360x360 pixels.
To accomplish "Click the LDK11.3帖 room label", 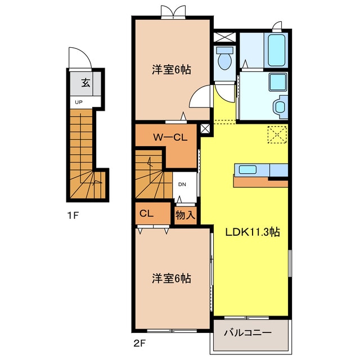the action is point(253,232).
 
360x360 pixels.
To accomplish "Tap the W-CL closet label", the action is point(170,137).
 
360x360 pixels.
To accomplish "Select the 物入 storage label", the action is point(185,215).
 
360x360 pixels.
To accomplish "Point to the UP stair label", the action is point(79,102).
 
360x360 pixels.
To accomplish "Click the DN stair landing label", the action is point(182,184).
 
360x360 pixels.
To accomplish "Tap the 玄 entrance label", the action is point(85,83).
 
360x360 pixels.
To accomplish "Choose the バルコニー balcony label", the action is point(247,332).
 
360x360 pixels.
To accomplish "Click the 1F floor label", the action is point(73,215).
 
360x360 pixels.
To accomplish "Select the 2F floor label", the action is point(139,343).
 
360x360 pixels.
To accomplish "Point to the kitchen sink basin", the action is point(247,170).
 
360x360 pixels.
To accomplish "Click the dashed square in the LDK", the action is point(277,134).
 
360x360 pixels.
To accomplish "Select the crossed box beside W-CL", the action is point(205,129).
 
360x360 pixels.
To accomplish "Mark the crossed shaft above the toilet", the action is point(225,38).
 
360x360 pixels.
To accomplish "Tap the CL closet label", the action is point(146,214).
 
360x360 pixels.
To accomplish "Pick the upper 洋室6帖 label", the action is point(171,70).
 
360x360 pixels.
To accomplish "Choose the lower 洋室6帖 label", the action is point(171,278).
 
